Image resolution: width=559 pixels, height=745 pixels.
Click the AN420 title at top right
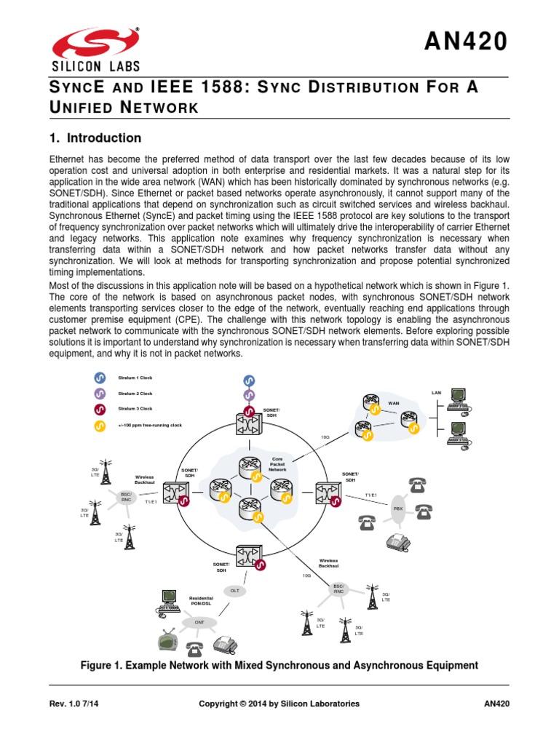pos(464,42)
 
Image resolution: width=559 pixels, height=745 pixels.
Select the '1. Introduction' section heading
pos(95,138)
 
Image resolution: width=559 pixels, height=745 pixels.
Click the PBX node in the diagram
pos(398,509)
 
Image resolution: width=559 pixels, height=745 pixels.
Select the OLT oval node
pos(234,591)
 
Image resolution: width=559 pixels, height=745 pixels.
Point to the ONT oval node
pos(199,623)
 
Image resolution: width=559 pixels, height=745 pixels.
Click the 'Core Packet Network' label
pos(277,464)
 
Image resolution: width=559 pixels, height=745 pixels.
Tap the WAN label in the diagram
pos(394,402)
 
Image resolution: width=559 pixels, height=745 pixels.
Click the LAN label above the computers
pos(436,393)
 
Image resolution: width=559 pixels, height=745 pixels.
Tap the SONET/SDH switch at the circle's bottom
pos(248,558)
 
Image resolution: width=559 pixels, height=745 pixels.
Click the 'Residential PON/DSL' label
pos(201,600)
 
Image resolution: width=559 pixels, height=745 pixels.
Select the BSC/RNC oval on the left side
pos(125,497)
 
